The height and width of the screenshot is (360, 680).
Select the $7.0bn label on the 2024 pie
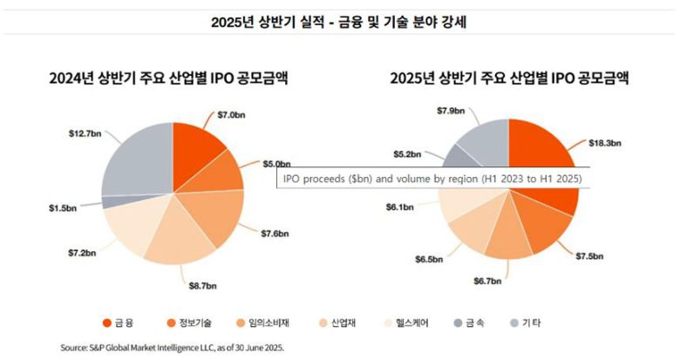pos(232,114)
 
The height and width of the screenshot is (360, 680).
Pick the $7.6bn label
pos(278,234)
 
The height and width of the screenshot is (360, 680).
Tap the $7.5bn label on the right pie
pos(590,255)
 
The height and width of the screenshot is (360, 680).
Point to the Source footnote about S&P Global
pos(173,347)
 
